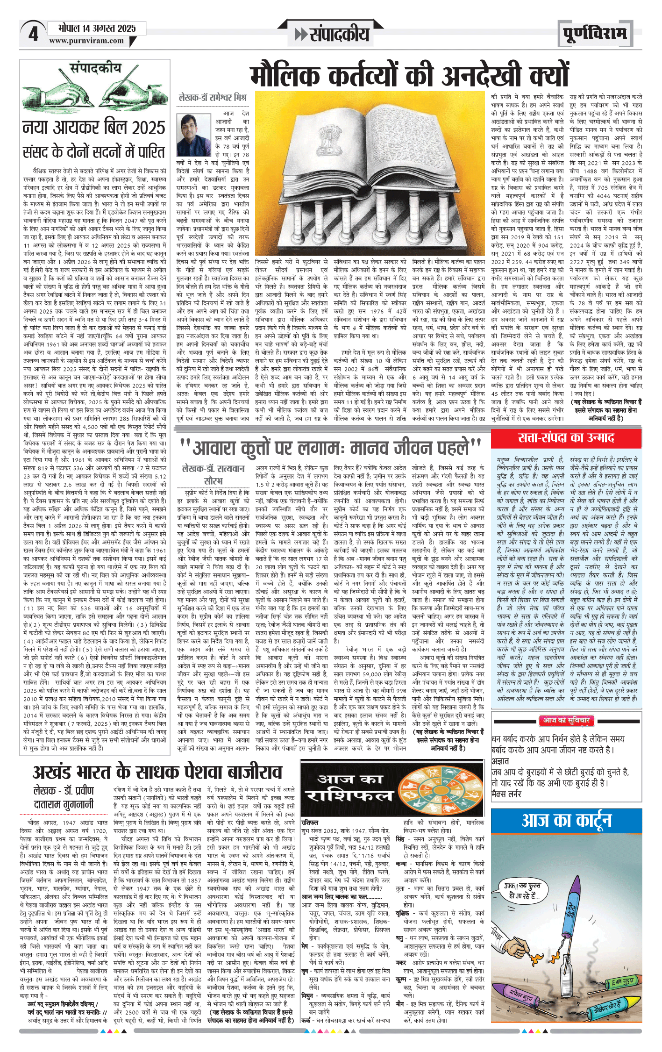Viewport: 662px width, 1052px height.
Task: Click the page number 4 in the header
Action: click(33, 34)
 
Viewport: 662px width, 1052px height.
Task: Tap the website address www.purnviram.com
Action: click(86, 41)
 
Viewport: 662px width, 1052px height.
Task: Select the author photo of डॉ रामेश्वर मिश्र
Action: click(193, 135)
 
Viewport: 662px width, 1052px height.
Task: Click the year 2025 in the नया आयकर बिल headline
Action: click(149, 128)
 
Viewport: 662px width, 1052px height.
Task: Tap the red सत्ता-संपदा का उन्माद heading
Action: click(566, 437)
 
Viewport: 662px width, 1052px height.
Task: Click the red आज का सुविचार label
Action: click(566, 720)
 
